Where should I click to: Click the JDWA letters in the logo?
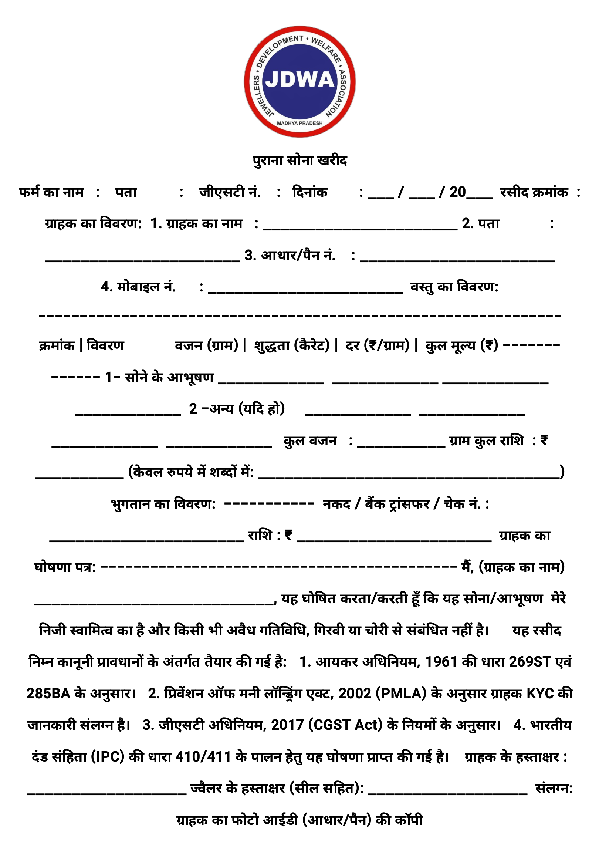(x=300, y=80)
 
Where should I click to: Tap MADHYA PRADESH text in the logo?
(x=300, y=123)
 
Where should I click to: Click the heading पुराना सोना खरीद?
(x=299, y=161)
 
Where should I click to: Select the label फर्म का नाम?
(x=51, y=192)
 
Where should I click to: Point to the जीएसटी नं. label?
(x=230, y=192)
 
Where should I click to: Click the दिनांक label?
(x=310, y=192)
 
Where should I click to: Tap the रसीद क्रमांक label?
(x=534, y=192)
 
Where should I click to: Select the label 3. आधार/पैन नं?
(x=290, y=256)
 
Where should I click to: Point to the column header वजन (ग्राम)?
(x=206, y=345)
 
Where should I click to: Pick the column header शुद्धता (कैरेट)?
(x=292, y=345)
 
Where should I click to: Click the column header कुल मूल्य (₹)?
(x=462, y=345)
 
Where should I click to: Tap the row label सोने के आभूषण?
(x=170, y=377)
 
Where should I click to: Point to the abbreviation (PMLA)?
(x=401, y=694)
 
